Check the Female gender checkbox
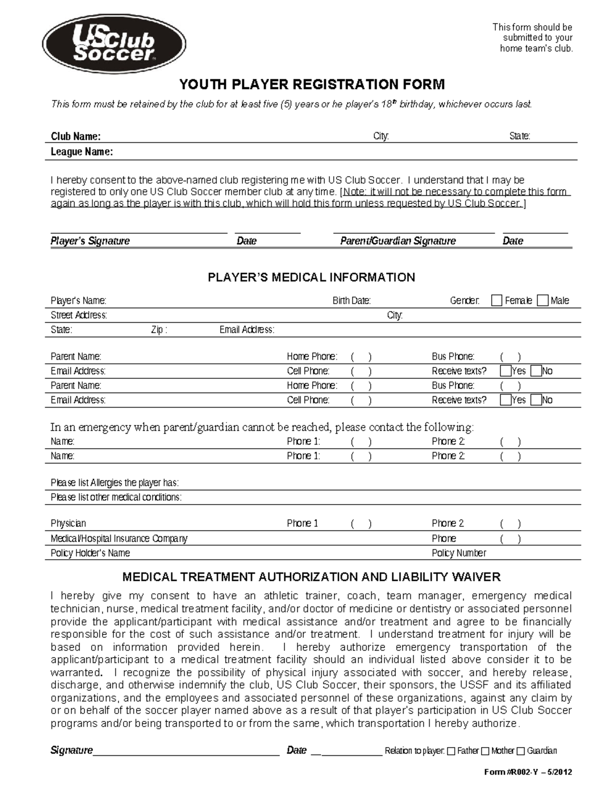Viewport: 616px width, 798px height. pos(496,301)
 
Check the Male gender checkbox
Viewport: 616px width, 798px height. pos(543,301)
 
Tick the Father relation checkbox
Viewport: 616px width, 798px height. pos(451,751)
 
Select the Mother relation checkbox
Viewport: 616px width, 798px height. pos(485,751)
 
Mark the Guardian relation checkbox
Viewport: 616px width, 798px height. pos(521,751)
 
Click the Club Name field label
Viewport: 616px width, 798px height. pos(75,136)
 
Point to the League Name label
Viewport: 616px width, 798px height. pos(82,152)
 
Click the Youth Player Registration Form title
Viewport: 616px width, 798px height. pos(311,84)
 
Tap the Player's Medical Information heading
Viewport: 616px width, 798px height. pos(311,277)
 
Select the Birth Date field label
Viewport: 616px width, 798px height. pos(352,301)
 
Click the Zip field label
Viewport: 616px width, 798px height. pos(159,330)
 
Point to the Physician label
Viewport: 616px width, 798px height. pos(68,524)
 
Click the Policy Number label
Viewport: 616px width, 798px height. pos(458,553)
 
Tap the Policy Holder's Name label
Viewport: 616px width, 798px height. pos(90,553)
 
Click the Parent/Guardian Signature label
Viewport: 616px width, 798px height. pos(398,241)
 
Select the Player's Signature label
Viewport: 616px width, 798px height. pos(90,241)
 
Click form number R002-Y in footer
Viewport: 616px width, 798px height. pos(528,772)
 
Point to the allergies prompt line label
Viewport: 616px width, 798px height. pos(114,483)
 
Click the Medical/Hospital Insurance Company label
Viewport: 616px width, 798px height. pos(119,539)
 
